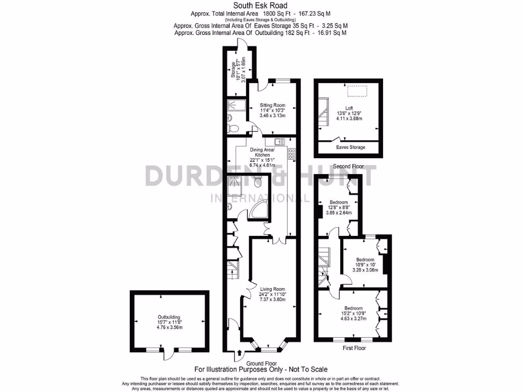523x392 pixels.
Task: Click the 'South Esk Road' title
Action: tap(260, 6)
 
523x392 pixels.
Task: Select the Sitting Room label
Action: tap(272, 110)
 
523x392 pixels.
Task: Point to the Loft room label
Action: tap(349, 113)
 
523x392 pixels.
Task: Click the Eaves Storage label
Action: tap(350, 148)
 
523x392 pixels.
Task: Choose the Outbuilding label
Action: tap(170, 323)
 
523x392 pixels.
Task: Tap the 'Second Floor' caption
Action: tap(348, 167)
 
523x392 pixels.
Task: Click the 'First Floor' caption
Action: tap(353, 348)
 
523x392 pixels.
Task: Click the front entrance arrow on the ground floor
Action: tap(241, 352)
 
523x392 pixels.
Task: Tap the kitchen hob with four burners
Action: tap(292, 153)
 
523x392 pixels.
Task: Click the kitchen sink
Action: tap(279, 141)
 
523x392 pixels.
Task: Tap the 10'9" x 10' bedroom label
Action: tap(366, 265)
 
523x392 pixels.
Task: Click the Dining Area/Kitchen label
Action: tap(262, 157)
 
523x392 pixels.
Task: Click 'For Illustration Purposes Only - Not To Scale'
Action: tap(261, 369)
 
